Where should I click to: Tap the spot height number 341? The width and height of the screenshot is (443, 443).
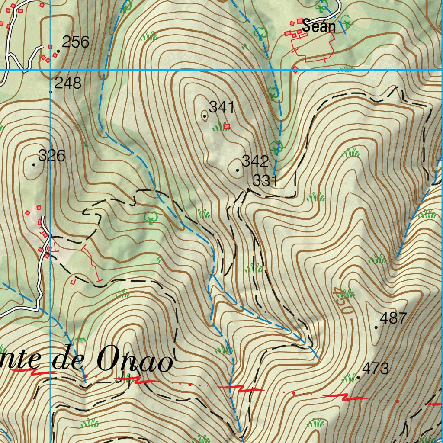(221, 107)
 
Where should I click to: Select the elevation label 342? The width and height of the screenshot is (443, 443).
(255, 161)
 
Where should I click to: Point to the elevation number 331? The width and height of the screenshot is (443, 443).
(265, 181)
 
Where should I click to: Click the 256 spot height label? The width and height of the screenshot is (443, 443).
(75, 42)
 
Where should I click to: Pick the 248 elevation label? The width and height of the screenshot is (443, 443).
(68, 83)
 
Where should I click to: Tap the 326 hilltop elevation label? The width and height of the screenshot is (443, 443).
(51, 155)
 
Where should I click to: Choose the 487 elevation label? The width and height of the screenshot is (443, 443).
(393, 318)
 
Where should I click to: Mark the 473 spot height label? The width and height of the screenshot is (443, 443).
(376, 369)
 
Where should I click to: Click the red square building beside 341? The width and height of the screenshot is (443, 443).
(226, 126)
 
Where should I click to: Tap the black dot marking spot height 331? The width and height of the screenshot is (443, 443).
(248, 189)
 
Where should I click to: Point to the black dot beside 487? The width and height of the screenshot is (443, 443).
(376, 327)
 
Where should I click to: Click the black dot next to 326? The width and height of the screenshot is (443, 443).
(34, 164)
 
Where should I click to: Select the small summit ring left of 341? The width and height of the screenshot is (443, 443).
(204, 116)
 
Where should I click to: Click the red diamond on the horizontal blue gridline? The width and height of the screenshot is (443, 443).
(295, 70)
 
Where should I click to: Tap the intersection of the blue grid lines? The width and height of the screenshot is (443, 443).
(50, 70)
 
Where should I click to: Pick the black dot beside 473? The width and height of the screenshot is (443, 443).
(358, 378)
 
